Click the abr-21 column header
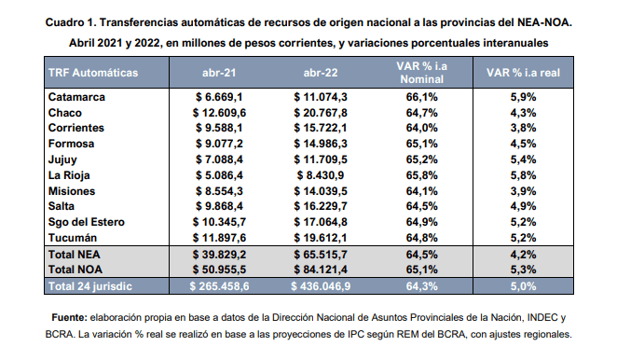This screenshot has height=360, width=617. pos(219,73)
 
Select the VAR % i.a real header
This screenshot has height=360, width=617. pos(523,73)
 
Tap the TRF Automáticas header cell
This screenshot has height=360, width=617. pos(93,73)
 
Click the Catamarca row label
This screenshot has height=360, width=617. pos(76,97)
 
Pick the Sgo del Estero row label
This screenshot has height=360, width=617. pos(87,222)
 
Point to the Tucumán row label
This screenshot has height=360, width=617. pos(73,238)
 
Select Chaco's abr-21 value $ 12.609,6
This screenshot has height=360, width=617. pos(219,113)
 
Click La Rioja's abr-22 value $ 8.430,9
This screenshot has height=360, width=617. pos(321,175)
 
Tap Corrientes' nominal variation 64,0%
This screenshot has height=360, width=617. pos(422,128)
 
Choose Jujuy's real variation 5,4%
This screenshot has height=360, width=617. pos(524,159)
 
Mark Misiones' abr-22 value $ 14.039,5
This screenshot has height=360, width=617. pos(321,191)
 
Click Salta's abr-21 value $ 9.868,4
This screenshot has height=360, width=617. pos(219,206)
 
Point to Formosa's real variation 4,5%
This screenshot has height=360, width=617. pos(524,144)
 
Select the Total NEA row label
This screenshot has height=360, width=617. pos(75,255)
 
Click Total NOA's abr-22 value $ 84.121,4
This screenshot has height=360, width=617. pos(321,270)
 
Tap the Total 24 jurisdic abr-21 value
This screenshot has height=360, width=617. pos(219,286)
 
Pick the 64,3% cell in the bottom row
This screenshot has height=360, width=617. pos(422,286)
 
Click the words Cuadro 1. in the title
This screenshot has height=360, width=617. pos(71,22)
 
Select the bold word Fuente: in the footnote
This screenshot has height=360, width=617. pos(69,317)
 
